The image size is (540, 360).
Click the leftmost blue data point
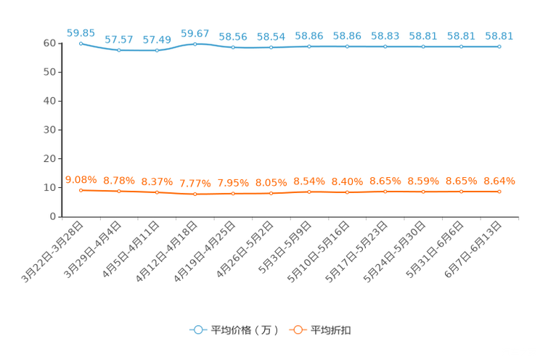pyautogui.click(x=81, y=43)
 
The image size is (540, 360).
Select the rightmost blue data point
pyautogui.click(x=499, y=46)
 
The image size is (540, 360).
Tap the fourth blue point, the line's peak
pyautogui.click(x=195, y=44)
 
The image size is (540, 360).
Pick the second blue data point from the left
pyautogui.click(x=118, y=50)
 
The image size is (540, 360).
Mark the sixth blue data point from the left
pyautogui.click(x=271, y=47)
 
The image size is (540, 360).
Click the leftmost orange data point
pyautogui.click(x=81, y=191)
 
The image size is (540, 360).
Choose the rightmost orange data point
pyautogui.click(x=499, y=192)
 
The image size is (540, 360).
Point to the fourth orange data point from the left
pyautogui.click(x=195, y=195)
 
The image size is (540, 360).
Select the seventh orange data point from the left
pyautogui.click(x=309, y=192)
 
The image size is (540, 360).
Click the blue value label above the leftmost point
pyautogui.click(x=81, y=32)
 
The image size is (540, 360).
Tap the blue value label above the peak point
pyautogui.click(x=195, y=33)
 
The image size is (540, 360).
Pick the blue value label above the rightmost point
pyautogui.click(x=499, y=36)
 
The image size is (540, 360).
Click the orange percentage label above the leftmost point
pyautogui.click(x=81, y=179)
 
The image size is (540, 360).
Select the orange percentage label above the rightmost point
pyautogui.click(x=499, y=181)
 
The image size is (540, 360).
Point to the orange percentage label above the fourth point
pyautogui.click(x=195, y=184)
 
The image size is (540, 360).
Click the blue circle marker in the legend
pyautogui.click(x=197, y=330)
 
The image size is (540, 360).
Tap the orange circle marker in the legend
pyautogui.click(x=298, y=330)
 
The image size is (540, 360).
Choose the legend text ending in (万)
pyautogui.click(x=245, y=330)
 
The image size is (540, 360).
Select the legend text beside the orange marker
pyautogui.click(x=332, y=330)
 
